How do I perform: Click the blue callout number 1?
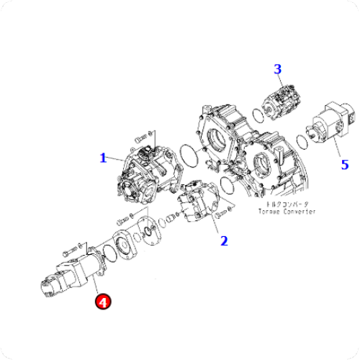[x=103, y=157]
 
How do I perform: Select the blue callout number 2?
[x=224, y=240]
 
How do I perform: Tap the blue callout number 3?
[x=278, y=70]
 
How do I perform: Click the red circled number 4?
[x=103, y=303]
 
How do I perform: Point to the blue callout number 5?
[x=344, y=164]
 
